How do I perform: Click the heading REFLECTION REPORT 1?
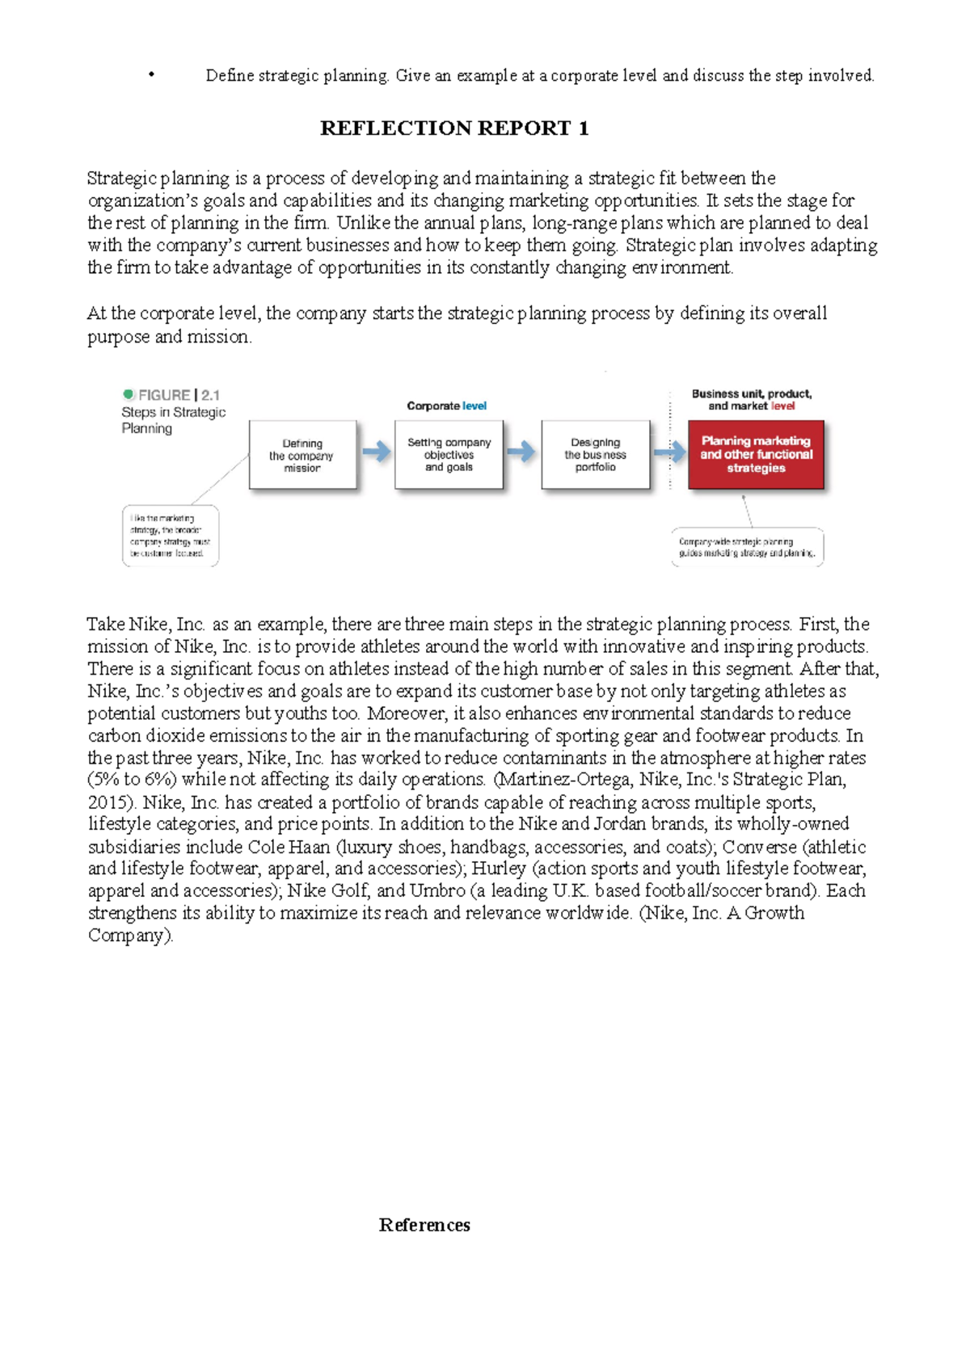454,128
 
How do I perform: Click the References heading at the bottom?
424,1225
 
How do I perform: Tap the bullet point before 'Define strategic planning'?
151,75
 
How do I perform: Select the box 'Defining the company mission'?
302,455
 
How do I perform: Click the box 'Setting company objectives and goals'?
449,454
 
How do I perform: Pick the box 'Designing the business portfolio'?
595,454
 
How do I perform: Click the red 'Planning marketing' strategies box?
756,454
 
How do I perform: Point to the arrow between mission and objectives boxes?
376,452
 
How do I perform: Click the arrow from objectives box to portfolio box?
521,452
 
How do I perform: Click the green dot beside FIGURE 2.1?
129,394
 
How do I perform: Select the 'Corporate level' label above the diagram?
446,406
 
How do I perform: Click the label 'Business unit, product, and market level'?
752,400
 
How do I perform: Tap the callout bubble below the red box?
747,547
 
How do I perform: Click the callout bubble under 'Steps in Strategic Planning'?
171,535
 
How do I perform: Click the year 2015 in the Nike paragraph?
107,802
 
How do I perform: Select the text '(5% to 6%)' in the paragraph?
132,780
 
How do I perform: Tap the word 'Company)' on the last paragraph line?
130,936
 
